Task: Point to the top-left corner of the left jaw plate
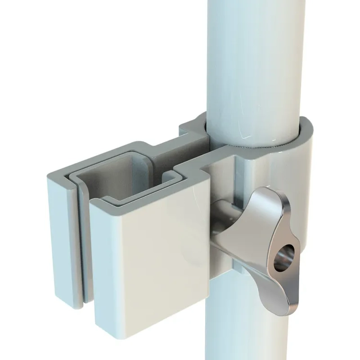pos(49,173)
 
